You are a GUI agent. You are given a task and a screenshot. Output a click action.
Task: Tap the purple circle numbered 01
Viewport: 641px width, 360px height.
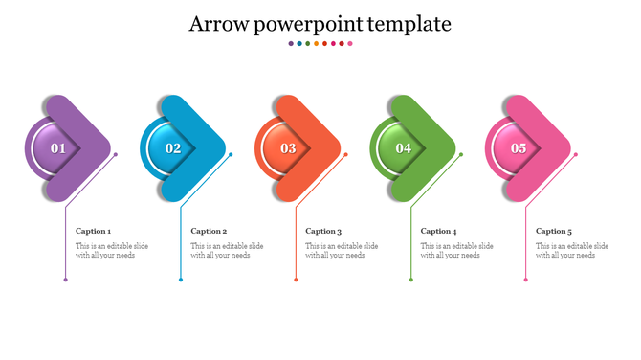pos(58,148)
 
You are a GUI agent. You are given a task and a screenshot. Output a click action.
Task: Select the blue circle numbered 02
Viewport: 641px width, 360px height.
pos(173,148)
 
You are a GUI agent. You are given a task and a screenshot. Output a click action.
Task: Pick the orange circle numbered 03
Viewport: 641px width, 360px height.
pos(288,148)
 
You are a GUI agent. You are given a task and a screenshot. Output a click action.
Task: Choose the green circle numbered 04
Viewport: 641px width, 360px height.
pos(404,148)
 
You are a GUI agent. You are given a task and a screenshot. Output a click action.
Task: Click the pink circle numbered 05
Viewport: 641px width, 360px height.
pos(519,148)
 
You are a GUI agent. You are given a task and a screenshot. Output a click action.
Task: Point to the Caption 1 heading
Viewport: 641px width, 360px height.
pos(94,231)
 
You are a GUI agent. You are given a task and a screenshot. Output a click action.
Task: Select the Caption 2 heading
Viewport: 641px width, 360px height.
pos(209,231)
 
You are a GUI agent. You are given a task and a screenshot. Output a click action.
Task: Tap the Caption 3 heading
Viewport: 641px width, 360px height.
pos(323,231)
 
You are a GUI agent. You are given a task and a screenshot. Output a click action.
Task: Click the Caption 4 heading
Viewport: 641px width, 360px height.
pos(439,231)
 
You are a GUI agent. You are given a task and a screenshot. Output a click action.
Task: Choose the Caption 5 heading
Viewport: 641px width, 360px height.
pos(554,231)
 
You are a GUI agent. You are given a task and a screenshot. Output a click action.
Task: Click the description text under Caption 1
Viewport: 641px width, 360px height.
pos(112,251)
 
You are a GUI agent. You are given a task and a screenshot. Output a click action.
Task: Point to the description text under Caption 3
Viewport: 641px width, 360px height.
pos(342,251)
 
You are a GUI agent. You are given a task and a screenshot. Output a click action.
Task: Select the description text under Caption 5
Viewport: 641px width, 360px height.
pos(571,251)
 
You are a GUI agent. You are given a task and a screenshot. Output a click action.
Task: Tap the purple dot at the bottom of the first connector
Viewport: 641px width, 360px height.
pos(66,280)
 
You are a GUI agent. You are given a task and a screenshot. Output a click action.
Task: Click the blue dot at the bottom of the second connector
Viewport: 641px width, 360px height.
pos(181,280)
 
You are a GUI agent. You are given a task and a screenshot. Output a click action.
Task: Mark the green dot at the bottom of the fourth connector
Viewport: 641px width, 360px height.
pos(411,280)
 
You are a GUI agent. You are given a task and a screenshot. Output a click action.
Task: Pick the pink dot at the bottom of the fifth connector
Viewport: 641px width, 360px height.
pos(526,280)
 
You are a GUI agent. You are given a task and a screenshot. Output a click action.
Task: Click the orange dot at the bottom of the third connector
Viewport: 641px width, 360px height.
pos(297,280)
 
